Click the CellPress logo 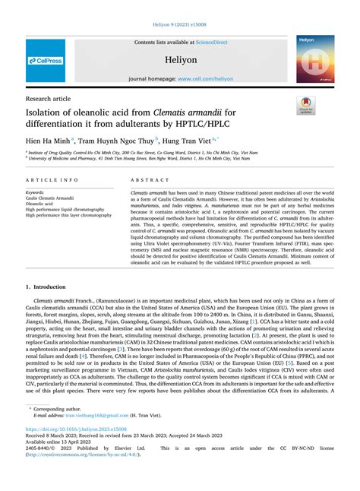click(45, 59)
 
